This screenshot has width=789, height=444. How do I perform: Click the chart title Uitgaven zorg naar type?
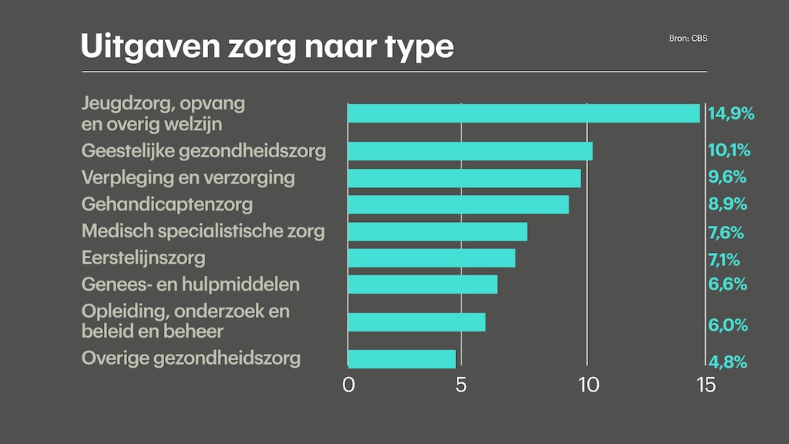click(267, 47)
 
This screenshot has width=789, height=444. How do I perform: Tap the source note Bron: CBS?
click(688, 38)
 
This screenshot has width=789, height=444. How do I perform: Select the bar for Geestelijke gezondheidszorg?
click(470, 151)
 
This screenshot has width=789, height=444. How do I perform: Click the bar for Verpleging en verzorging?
click(464, 178)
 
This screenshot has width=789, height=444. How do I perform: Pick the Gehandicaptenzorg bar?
click(458, 205)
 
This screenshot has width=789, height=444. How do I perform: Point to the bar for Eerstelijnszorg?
click(431, 257)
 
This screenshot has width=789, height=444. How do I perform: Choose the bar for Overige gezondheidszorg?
click(401, 359)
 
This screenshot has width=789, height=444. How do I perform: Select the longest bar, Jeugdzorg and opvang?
click(524, 113)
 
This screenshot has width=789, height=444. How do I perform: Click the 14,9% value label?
click(730, 114)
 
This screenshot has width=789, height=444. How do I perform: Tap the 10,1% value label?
click(729, 150)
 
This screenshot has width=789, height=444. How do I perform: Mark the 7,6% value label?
click(727, 231)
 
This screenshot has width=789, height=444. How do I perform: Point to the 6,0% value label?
click(728, 325)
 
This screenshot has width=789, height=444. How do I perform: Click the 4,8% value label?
click(728, 362)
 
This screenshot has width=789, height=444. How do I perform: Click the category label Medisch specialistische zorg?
click(203, 231)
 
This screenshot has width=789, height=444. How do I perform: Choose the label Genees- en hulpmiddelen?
click(190, 284)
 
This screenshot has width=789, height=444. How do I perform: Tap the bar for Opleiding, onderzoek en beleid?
click(416, 322)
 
